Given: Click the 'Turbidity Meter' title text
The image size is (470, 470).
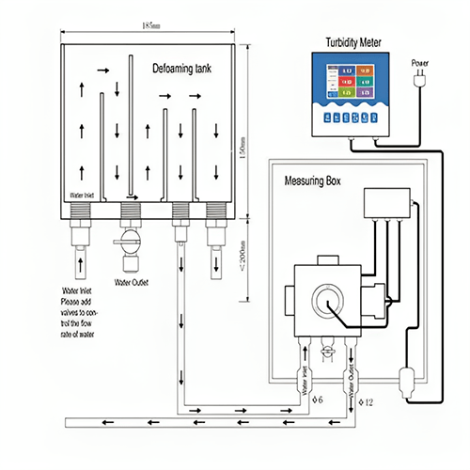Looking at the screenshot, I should [352, 42].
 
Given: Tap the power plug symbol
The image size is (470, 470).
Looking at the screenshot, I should [419, 84].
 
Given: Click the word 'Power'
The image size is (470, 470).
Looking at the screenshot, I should [419, 64].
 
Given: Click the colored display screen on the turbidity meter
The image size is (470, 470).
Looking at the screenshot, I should [352, 83].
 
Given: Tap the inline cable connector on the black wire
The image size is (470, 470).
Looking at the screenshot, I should [408, 382].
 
